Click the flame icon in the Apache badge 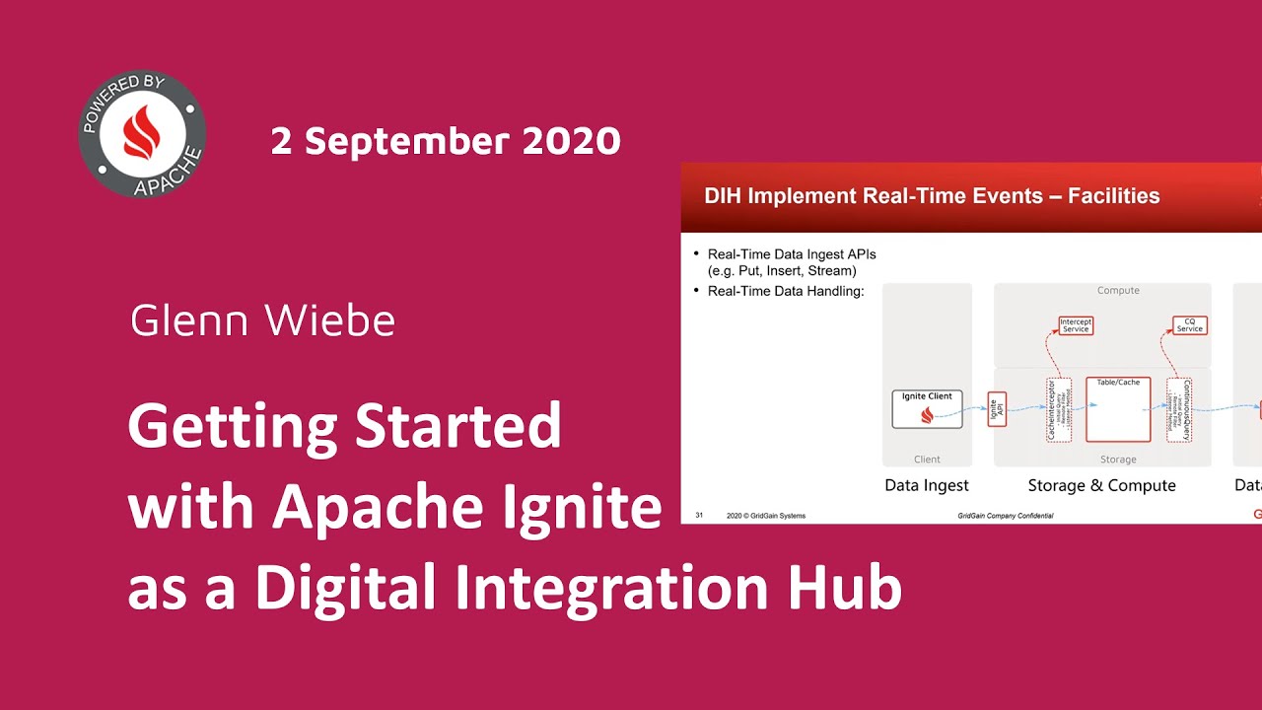pyautogui.click(x=142, y=133)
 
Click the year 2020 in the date pyautogui.click(x=571, y=141)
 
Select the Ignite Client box pyautogui.click(x=927, y=408)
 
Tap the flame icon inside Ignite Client pyautogui.click(x=927, y=416)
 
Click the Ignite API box pyautogui.click(x=997, y=409)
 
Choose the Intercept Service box pyautogui.click(x=1075, y=324)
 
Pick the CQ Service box pyautogui.click(x=1189, y=324)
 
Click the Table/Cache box pyautogui.click(x=1118, y=409)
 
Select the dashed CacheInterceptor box pyautogui.click(x=1058, y=409)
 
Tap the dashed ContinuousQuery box pyautogui.click(x=1179, y=409)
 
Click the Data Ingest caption pyautogui.click(x=926, y=485)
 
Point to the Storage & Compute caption pyautogui.click(x=1101, y=485)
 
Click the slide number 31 pyautogui.click(x=699, y=515)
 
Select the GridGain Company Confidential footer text pyautogui.click(x=1005, y=516)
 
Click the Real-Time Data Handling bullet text pyautogui.click(x=785, y=291)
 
